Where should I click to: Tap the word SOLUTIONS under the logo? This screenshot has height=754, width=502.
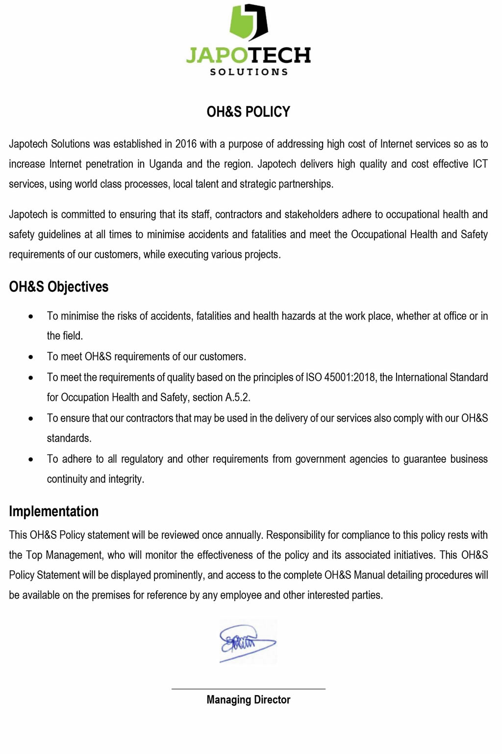(249, 72)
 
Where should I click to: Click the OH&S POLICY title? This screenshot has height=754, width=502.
(248, 112)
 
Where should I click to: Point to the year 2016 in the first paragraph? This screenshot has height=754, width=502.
(186, 144)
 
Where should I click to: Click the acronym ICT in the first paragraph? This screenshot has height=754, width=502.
(480, 164)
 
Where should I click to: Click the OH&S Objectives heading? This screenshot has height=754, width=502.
(59, 287)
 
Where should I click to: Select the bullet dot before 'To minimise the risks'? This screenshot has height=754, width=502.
(31, 317)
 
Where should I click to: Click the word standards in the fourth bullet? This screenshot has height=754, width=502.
(69, 438)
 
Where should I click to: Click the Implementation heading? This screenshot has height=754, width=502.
(54, 511)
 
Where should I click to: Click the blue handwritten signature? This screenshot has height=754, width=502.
(247, 642)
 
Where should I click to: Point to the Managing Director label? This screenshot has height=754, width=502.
(248, 700)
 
